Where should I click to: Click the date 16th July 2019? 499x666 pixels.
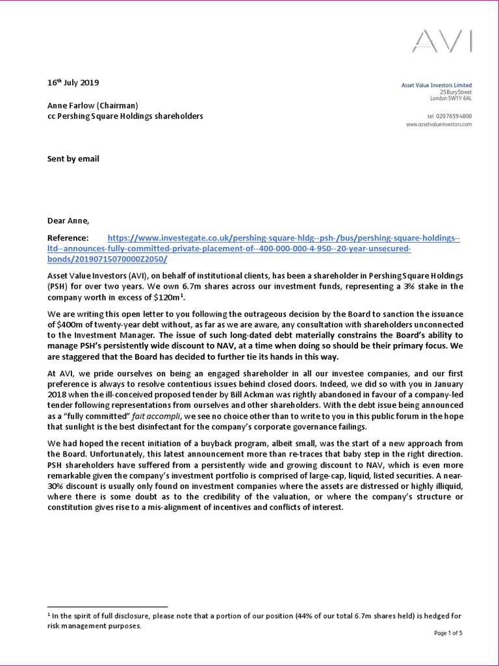coord(73,83)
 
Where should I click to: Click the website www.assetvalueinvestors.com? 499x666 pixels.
coord(439,124)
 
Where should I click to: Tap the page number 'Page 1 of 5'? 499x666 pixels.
coord(447,632)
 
